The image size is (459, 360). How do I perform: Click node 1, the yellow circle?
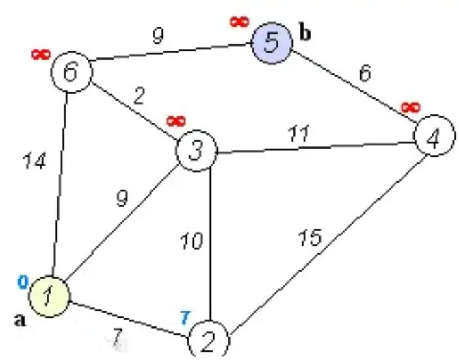coord(49,296)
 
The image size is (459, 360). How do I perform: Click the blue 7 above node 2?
coord(184,318)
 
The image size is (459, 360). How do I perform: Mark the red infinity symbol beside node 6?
coord(40,54)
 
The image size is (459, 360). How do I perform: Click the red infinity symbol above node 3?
coord(176,121)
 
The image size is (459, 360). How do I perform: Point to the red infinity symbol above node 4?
coord(410,107)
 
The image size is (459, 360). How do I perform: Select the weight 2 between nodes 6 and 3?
coord(140,95)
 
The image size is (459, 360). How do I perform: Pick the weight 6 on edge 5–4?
coord(365,73)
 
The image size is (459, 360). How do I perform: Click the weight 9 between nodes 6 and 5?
coord(158,36)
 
